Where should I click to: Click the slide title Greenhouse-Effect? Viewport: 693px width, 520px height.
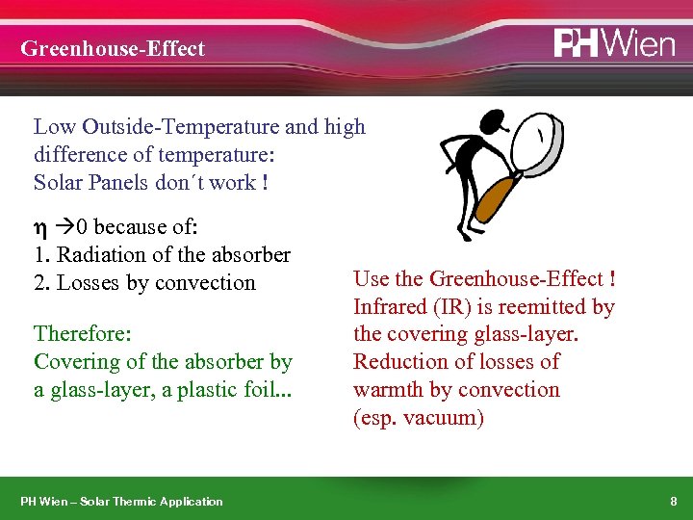[113, 48]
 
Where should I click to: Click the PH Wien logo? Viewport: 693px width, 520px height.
[613, 43]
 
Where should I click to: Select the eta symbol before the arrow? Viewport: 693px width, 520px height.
[40, 227]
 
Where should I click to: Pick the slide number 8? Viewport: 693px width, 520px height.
[673, 501]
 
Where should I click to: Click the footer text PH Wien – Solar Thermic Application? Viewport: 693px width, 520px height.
[121, 501]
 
